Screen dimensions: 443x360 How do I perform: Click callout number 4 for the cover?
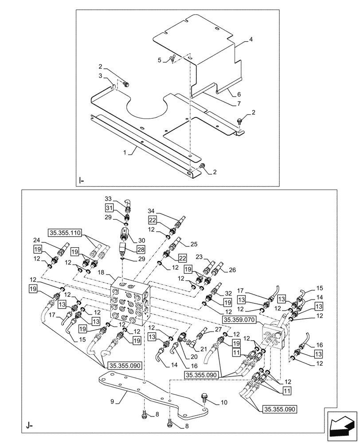point(251,40)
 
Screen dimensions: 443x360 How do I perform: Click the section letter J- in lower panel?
point(29,427)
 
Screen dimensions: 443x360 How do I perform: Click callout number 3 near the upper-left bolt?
point(101,76)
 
